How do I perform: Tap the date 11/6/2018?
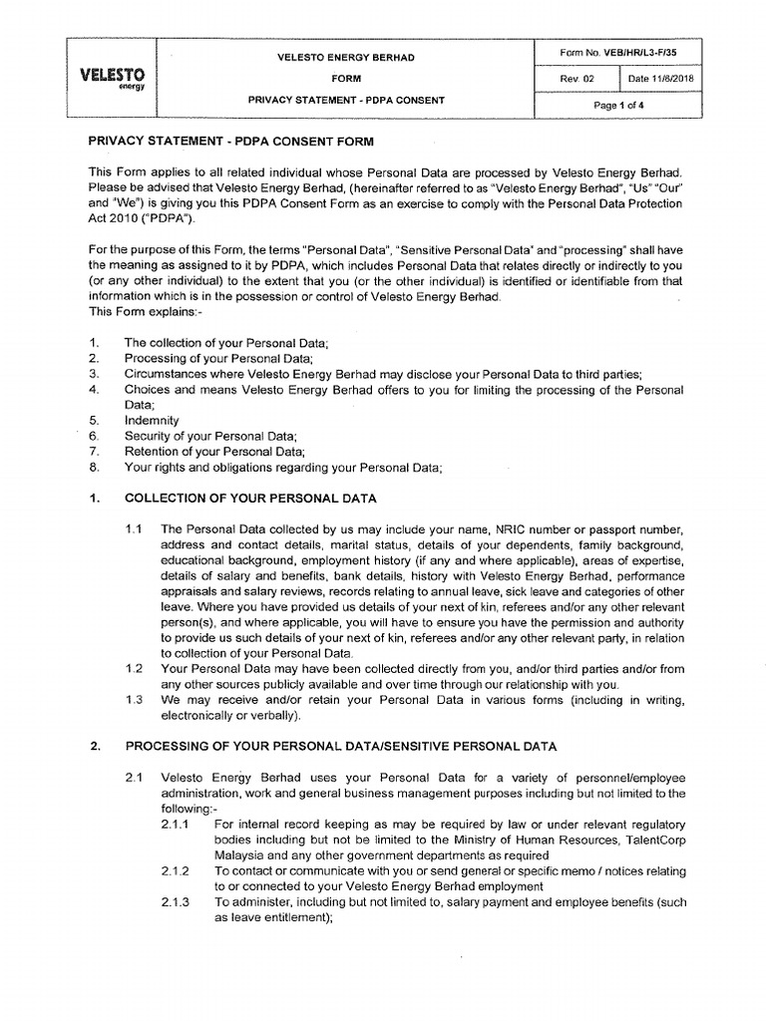(x=661, y=78)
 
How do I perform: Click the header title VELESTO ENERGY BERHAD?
(x=347, y=58)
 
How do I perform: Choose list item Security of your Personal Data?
(x=210, y=437)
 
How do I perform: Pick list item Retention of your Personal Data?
(x=213, y=452)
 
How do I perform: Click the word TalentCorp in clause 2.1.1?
(x=652, y=840)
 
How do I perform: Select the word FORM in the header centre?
(x=347, y=79)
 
